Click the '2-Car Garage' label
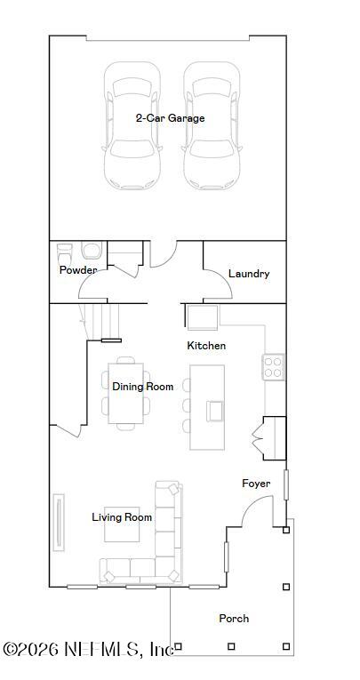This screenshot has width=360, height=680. click(x=170, y=118)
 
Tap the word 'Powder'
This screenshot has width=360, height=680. click(x=78, y=270)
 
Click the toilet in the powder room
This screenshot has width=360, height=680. click(x=90, y=252)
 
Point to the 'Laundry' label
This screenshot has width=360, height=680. click(x=248, y=274)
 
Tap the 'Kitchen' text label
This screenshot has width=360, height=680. click(x=205, y=345)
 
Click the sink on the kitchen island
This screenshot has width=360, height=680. click(x=215, y=410)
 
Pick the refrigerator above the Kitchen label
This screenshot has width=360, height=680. click(x=201, y=316)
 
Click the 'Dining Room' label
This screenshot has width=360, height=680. click(x=142, y=387)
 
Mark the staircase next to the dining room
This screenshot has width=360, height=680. click(x=100, y=321)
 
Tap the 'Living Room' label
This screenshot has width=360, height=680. click(x=122, y=517)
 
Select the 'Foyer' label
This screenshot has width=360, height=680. click(x=256, y=484)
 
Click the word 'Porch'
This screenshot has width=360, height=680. click(x=233, y=618)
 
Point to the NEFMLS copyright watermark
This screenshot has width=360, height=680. click(x=87, y=649)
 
